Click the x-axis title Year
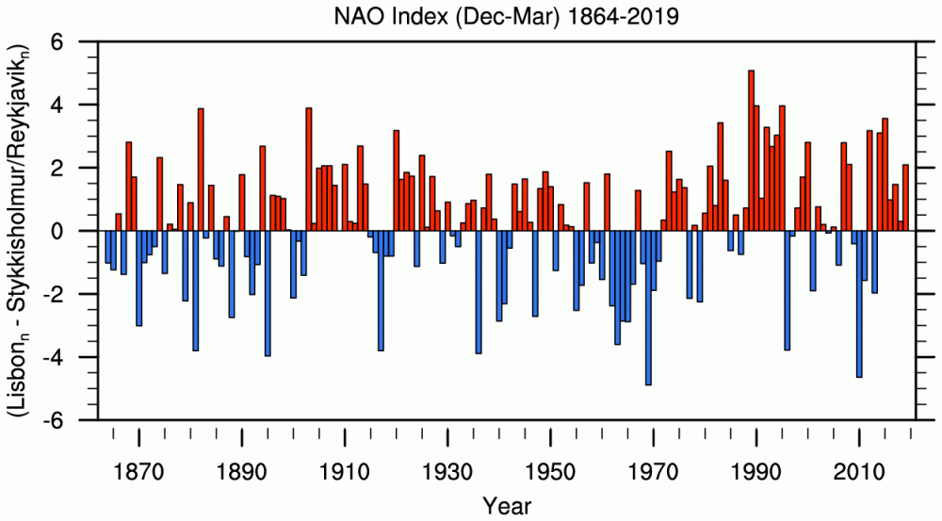(508, 506)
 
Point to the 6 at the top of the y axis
(57, 42)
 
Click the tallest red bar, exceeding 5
(751, 151)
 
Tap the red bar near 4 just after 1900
(309, 170)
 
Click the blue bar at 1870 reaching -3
(139, 278)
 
